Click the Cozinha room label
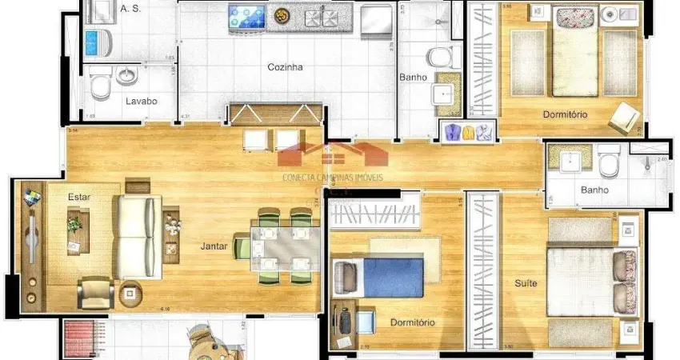(285, 68)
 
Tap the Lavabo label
(141, 102)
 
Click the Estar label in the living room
(78, 196)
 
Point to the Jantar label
(214, 246)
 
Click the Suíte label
(526, 283)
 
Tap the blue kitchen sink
(247, 14)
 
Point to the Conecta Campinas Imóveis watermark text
(333, 177)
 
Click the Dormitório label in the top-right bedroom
(565, 114)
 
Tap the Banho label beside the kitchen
(413, 78)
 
